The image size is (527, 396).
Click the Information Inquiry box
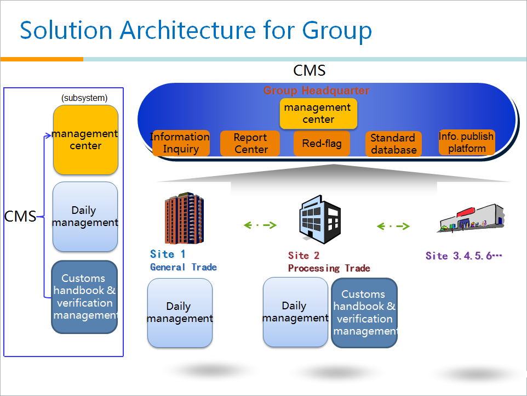180,143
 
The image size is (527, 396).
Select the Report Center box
250,144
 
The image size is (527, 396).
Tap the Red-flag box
322,144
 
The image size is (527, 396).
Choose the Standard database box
393,144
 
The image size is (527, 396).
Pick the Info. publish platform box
467,143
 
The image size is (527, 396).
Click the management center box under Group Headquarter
318,114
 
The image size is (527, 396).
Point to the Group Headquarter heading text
317,91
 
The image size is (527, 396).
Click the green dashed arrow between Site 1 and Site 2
260,225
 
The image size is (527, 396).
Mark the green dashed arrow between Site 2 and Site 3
393,226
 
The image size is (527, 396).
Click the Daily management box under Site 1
180,313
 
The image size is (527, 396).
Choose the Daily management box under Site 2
295,312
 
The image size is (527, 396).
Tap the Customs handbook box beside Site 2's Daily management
364,313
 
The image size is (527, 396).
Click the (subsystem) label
84,98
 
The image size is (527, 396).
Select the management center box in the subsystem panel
85,140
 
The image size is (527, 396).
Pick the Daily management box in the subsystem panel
85,217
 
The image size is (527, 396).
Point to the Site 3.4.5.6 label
464,256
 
